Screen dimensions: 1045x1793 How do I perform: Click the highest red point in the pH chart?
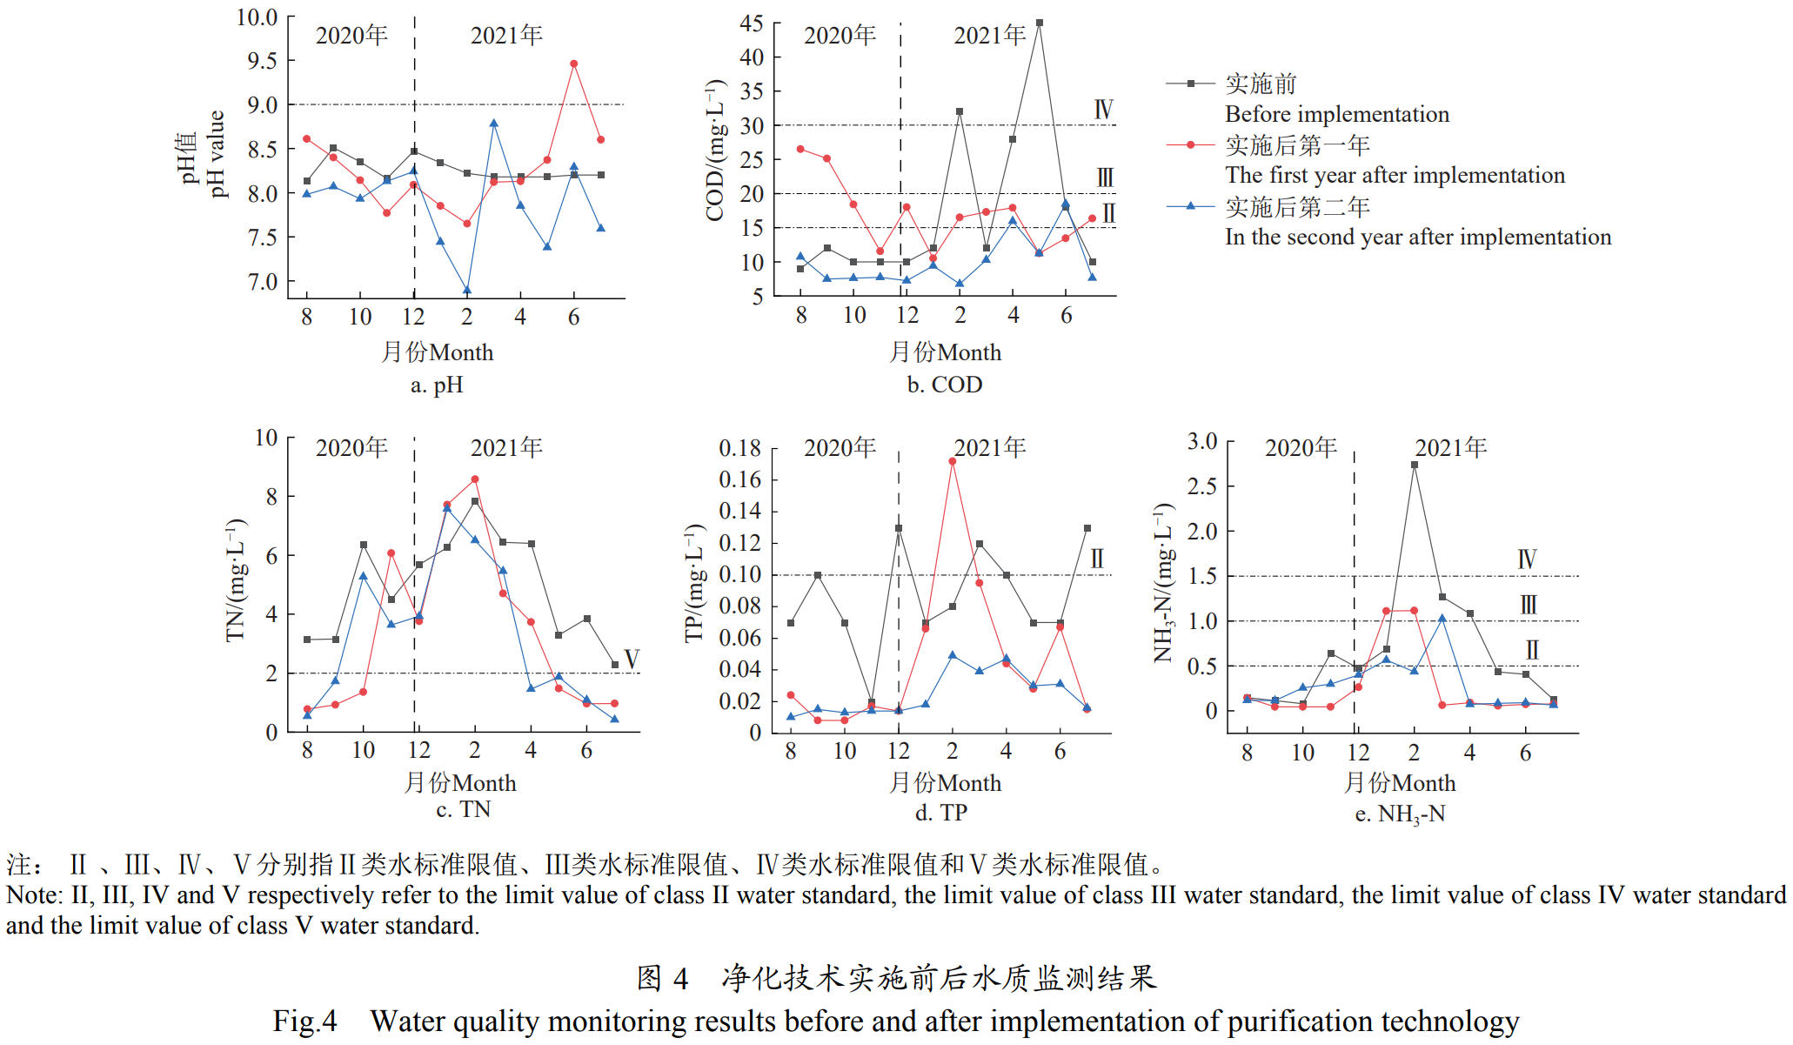[x=573, y=64]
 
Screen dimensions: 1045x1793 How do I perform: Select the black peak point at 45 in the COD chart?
[x=1039, y=23]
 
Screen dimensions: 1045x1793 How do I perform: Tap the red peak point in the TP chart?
[x=953, y=461]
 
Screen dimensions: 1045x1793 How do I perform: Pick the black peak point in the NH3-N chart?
[x=1415, y=465]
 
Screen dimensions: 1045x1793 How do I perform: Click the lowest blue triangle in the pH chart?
[x=467, y=291]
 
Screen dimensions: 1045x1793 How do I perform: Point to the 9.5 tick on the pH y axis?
[x=262, y=61]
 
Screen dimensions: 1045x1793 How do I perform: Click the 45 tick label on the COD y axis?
[x=751, y=23]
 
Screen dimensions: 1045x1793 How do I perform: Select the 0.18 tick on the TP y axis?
[x=739, y=448]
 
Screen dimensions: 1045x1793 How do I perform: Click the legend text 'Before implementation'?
[x=1337, y=114]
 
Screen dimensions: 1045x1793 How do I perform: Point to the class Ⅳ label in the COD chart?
[x=1103, y=110]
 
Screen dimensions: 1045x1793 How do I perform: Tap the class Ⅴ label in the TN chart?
[x=632, y=659]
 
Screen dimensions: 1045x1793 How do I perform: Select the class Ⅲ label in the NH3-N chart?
[x=1529, y=605]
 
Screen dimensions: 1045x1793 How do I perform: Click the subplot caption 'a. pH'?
[x=437, y=385]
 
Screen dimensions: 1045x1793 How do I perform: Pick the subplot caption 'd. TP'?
[x=941, y=813]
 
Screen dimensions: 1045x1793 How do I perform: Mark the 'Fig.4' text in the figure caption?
[x=304, y=1021]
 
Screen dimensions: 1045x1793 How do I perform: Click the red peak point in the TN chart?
[x=474, y=479]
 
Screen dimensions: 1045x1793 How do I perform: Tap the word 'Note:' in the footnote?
[x=35, y=895]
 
